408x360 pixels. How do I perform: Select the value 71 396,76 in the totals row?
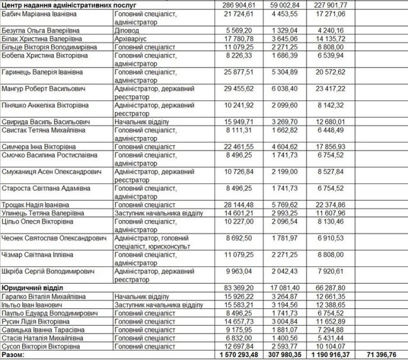point(380,355)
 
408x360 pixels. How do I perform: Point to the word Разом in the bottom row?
point(14,355)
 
